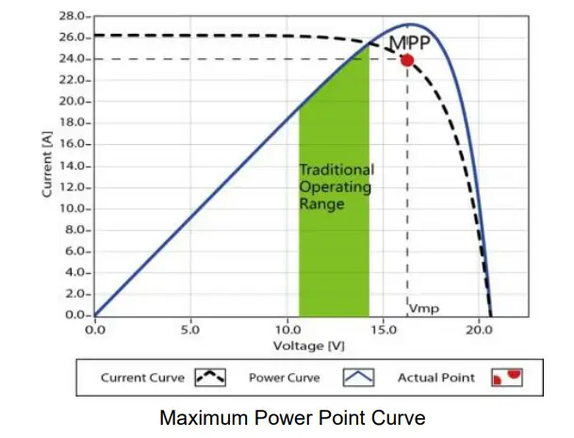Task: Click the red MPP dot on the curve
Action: (x=407, y=60)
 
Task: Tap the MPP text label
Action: (x=410, y=41)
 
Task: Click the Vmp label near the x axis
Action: (x=424, y=308)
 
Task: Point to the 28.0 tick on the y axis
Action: (x=74, y=17)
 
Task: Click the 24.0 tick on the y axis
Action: (x=74, y=59)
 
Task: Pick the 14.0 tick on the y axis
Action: (x=74, y=166)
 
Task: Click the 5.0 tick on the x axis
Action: (x=190, y=331)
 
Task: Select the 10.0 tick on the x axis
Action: (x=287, y=331)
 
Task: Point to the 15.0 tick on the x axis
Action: (x=383, y=331)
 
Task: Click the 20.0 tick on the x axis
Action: (x=479, y=331)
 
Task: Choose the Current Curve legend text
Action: (x=143, y=378)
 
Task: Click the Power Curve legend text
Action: (x=285, y=378)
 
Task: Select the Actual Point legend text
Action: (x=436, y=378)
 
